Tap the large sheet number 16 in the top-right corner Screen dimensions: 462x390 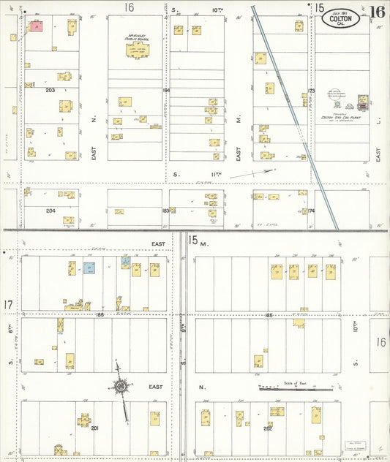click(378, 12)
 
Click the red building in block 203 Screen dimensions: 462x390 click(36, 26)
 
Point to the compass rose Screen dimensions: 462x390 click(121, 386)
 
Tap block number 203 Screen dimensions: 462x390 click(50, 90)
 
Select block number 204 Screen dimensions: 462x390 click(50, 210)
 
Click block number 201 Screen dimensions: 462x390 click(94, 428)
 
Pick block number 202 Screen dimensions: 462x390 click(268, 428)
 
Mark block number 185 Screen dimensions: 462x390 click(269, 315)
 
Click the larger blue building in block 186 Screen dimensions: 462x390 click(89, 268)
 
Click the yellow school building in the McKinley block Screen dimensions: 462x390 click(137, 50)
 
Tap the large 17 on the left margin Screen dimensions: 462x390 click(8, 304)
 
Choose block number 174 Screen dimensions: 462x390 click(310, 211)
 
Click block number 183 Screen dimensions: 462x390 click(165, 211)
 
